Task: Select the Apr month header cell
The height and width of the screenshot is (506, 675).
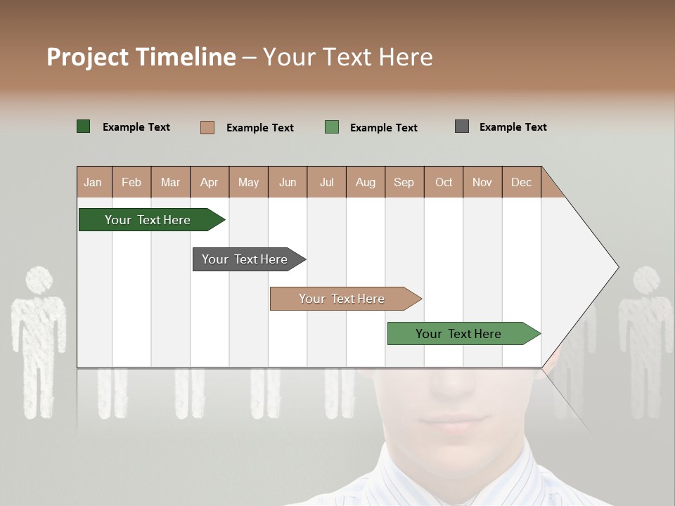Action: pos(210,182)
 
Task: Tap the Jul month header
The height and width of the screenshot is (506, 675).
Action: pos(327,182)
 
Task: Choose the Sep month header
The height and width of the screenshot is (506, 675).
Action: pos(404,182)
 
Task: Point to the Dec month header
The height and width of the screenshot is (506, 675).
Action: pos(522,182)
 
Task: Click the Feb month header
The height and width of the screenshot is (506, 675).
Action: pos(131,182)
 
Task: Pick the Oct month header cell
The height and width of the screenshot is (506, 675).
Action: pos(444,182)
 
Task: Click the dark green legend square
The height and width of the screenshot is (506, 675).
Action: pos(84,126)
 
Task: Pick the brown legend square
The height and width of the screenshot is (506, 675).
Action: pos(207,127)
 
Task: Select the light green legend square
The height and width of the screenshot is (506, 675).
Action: pos(332,127)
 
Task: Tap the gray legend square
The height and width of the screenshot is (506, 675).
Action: pos(462,126)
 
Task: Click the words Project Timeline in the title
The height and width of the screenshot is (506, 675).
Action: pos(141,57)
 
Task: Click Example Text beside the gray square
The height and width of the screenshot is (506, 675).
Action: pos(513,127)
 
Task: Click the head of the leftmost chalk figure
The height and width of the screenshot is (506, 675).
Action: pos(39,280)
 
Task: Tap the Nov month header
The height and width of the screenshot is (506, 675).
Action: pos(482,182)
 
